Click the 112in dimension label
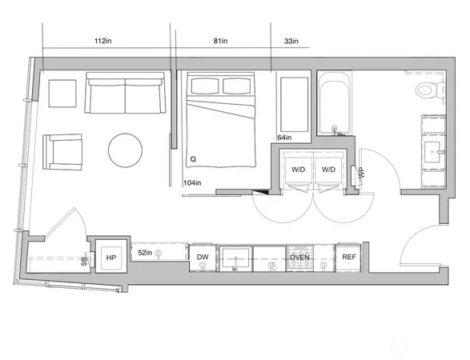click(x=102, y=41)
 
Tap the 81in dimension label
click(x=221, y=41)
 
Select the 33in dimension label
click(x=291, y=41)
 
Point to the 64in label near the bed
click(x=283, y=138)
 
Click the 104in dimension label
click(x=191, y=183)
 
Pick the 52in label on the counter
click(x=146, y=253)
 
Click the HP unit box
click(x=110, y=258)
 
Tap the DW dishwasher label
click(x=203, y=258)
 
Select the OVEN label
click(x=299, y=258)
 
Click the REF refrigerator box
click(x=349, y=257)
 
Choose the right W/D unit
click(x=327, y=170)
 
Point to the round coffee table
click(x=125, y=150)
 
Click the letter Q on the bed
click(x=193, y=159)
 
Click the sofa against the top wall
click(x=125, y=94)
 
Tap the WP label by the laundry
click(x=361, y=173)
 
